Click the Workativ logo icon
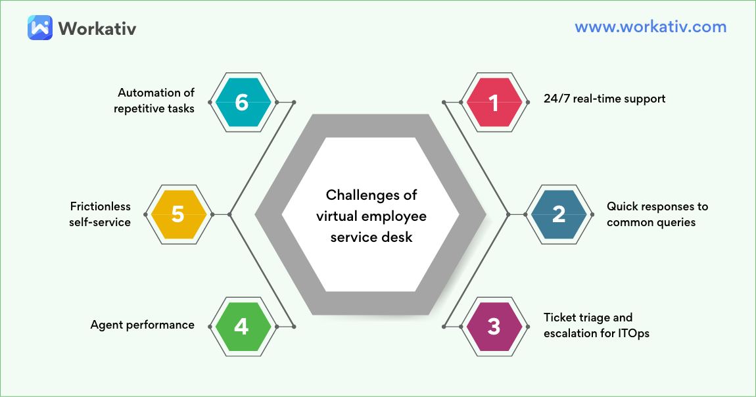[x=40, y=28]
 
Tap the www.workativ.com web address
[x=650, y=27]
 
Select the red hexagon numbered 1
[x=494, y=103]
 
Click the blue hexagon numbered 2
[x=559, y=214]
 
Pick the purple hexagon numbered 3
[x=494, y=326]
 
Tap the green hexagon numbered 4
[x=242, y=326]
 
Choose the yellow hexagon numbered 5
[x=178, y=214]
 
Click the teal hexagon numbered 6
[x=242, y=103]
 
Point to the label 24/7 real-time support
[x=604, y=99]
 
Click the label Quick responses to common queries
[x=657, y=214]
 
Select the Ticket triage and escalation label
[x=596, y=325]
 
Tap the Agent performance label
[x=142, y=325]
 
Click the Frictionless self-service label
[x=100, y=214]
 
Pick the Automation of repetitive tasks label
[x=154, y=101]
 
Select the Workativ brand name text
[x=97, y=28]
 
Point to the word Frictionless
[x=100, y=206]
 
